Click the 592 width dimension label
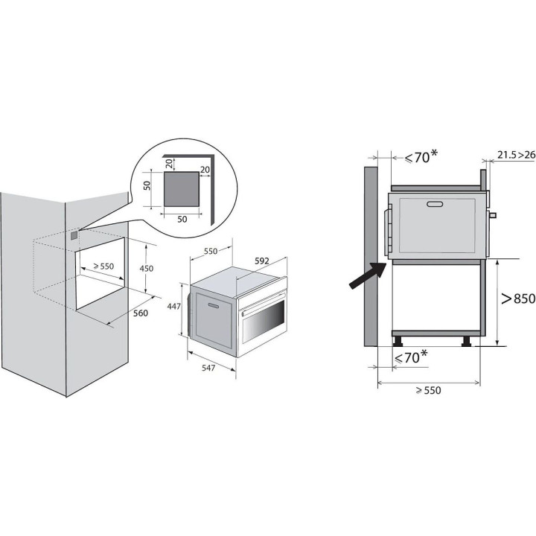262,261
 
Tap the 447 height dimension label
173,307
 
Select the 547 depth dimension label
208,368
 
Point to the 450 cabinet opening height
147,268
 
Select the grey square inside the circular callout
181,189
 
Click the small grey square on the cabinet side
74,235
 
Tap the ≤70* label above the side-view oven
421,157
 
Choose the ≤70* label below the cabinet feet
410,357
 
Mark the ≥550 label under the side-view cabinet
429,390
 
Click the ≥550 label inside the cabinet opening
103,266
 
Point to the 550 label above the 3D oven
211,251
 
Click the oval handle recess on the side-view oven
435,204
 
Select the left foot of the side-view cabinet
398,342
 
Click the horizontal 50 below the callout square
182,219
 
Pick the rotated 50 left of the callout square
147,185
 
